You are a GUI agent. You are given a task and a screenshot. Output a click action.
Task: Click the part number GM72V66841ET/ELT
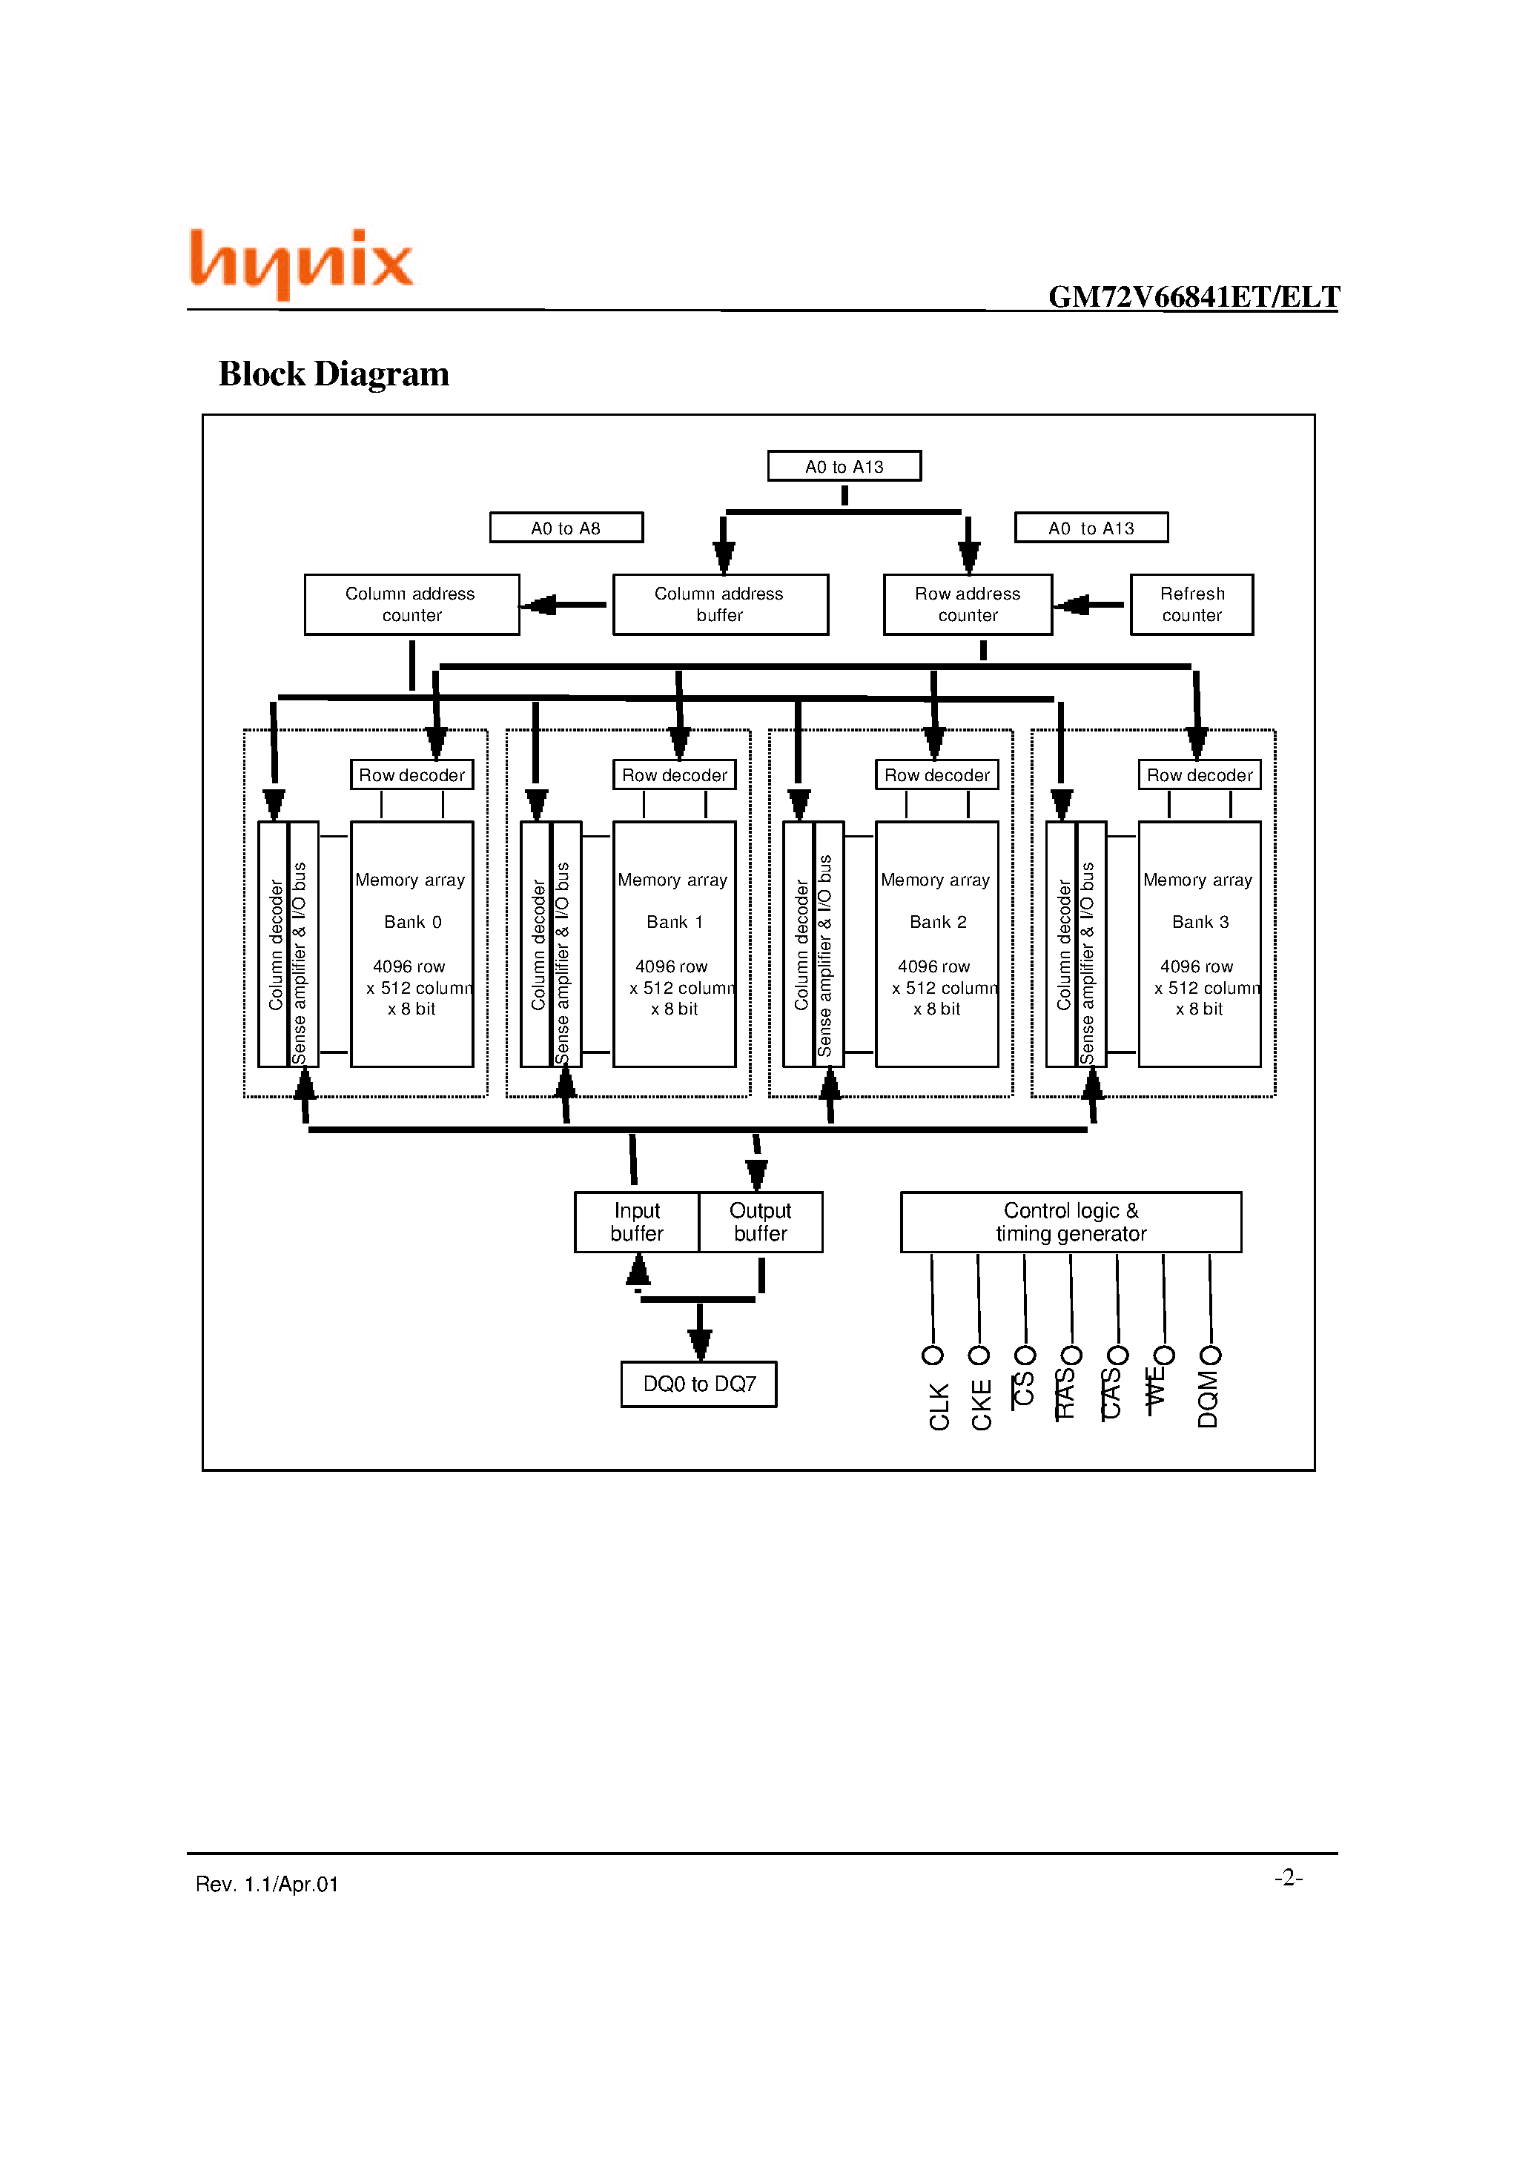[x=1193, y=297]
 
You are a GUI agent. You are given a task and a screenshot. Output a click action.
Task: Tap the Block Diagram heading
[x=334, y=374]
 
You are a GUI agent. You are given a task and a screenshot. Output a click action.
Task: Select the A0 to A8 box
[x=566, y=528]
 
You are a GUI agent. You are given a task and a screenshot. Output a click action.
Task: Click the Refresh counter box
[x=1191, y=604]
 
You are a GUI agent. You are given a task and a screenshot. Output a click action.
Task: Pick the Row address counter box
[x=968, y=604]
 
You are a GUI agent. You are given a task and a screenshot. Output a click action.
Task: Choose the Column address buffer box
[x=720, y=604]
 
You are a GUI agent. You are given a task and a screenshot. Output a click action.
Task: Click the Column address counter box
[x=411, y=604]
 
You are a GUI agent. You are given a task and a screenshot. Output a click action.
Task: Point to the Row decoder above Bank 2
[x=936, y=775]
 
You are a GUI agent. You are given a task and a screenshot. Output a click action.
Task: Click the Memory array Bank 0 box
[x=411, y=944]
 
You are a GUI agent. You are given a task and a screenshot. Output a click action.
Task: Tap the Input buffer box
[x=637, y=1222]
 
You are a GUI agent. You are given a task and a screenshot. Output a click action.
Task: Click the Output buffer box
[x=761, y=1222]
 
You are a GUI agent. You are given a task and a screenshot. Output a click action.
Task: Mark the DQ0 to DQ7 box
[x=699, y=1384]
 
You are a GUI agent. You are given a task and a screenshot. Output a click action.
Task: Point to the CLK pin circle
[x=932, y=1356]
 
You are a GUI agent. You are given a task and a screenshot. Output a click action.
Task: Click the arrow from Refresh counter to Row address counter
[x=1090, y=604]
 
